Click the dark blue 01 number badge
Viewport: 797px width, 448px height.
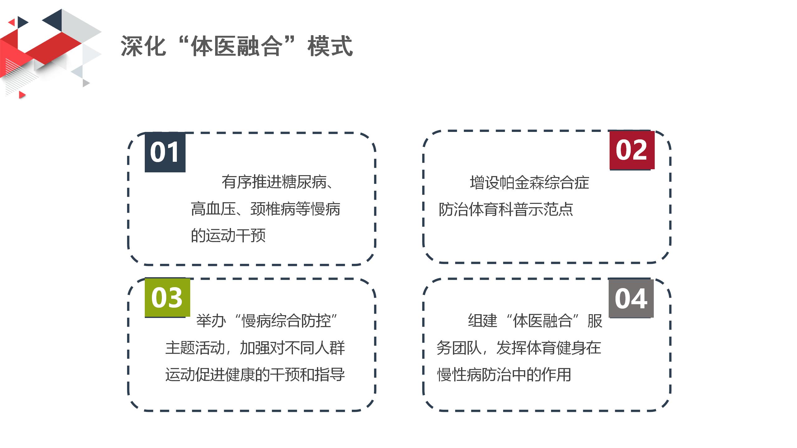(x=165, y=152)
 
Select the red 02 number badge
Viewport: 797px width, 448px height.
(x=632, y=150)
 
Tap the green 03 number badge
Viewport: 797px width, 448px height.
(x=167, y=297)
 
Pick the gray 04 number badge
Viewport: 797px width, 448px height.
(x=631, y=298)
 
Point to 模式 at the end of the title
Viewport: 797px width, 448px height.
(x=330, y=46)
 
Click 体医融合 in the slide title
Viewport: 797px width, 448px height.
(x=237, y=46)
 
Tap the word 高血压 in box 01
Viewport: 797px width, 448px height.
(x=213, y=209)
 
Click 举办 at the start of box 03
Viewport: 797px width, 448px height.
(x=211, y=321)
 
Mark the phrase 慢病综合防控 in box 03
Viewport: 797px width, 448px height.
(x=286, y=321)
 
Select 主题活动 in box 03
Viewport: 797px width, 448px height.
(x=195, y=348)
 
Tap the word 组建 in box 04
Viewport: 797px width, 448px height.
(x=483, y=321)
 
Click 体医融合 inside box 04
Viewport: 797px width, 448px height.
(x=542, y=321)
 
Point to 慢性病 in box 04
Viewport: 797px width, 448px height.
(x=459, y=374)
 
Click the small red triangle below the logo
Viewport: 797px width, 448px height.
(x=22, y=95)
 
